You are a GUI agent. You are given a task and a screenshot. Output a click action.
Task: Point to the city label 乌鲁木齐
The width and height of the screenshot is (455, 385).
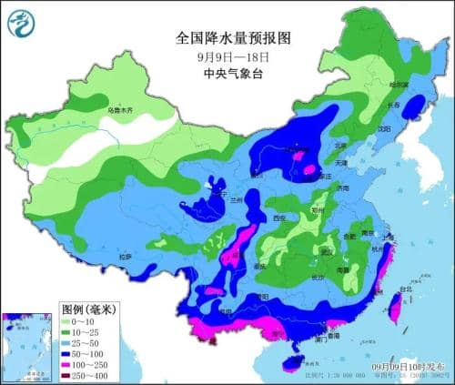click(119, 110)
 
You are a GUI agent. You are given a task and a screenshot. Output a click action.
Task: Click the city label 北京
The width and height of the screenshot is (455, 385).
click(339, 145)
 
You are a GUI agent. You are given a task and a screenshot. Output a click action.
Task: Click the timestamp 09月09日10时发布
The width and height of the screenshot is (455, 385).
click(410, 366)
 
